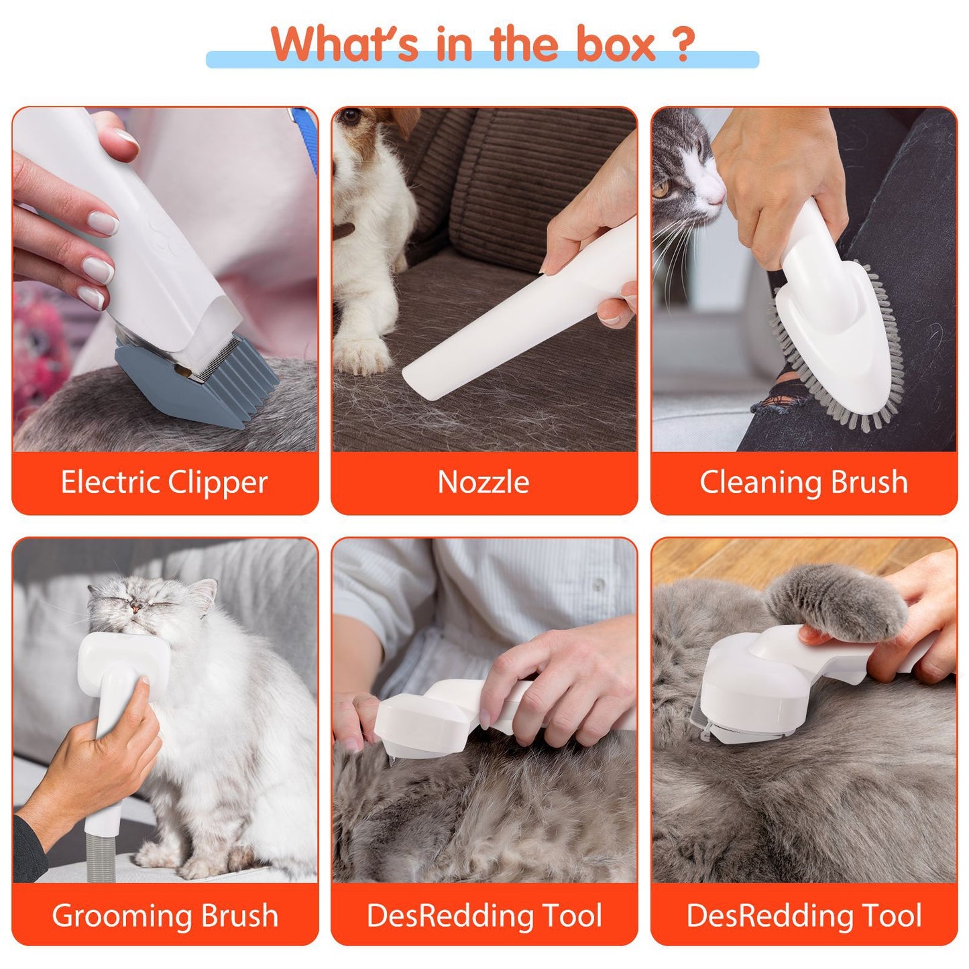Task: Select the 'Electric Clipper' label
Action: tap(164, 482)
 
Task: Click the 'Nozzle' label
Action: tap(483, 482)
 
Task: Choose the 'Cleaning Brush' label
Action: tap(803, 482)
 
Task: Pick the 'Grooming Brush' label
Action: tap(165, 915)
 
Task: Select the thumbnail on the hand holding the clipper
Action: tap(126, 140)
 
